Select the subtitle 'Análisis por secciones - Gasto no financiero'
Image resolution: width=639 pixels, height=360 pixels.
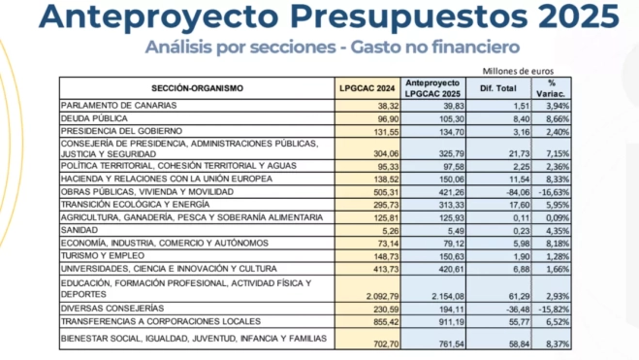coord(333,47)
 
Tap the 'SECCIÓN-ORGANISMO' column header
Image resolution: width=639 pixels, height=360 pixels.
coord(197,87)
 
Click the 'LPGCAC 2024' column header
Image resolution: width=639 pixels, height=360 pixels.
coord(367,87)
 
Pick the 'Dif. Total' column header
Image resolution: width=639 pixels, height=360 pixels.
coord(501,87)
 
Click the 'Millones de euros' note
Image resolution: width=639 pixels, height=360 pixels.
coord(516,70)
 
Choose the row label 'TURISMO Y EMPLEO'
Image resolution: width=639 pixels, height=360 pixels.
coord(98,254)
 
